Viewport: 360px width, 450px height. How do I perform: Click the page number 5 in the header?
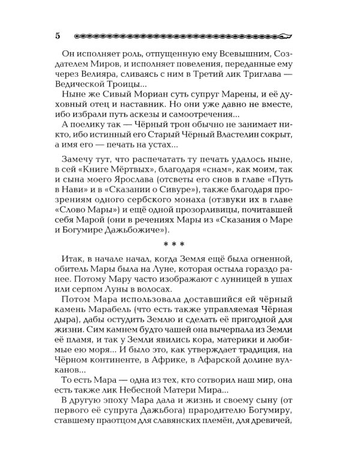pos(57,35)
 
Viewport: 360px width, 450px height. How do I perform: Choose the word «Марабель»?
pos(86,340)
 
